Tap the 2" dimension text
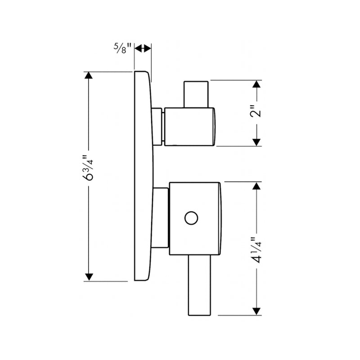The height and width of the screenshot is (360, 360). (x=256, y=112)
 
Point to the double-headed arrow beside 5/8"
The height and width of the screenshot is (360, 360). (x=144, y=48)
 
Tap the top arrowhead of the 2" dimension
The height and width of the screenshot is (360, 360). (x=256, y=85)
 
